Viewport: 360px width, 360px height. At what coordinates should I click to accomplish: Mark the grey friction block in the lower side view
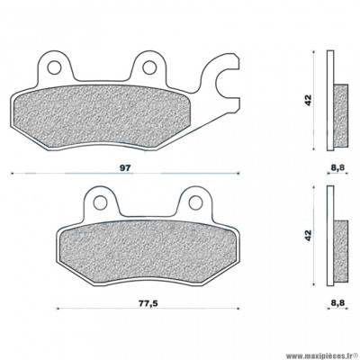(340, 248)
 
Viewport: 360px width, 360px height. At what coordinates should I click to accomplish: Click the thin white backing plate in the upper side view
(329, 99)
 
